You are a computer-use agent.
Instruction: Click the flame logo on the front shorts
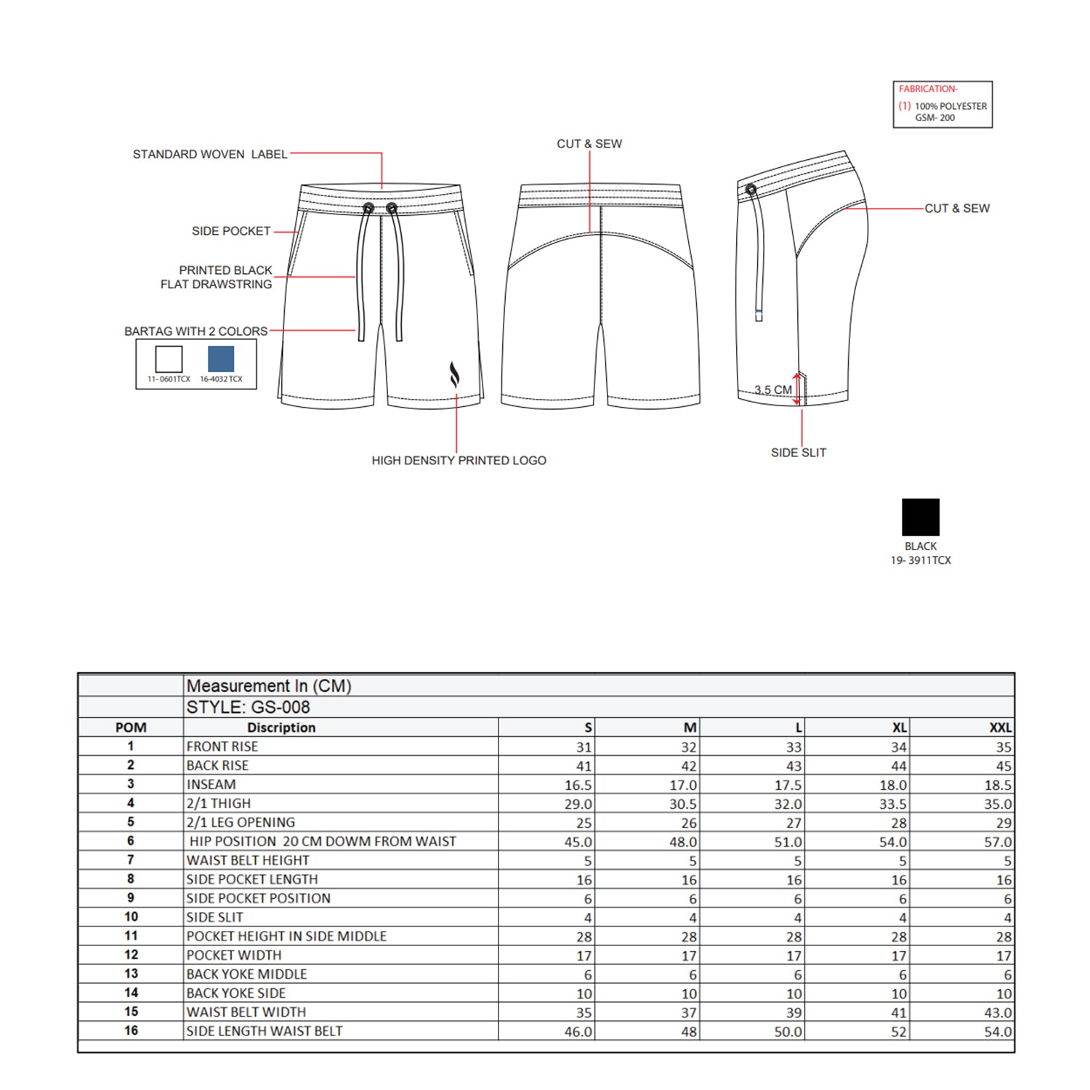pyautogui.click(x=454, y=375)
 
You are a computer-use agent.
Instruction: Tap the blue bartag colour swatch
pyautogui.click(x=221, y=359)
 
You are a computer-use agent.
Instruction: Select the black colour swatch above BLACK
pyautogui.click(x=920, y=517)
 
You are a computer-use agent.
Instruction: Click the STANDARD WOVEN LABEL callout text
pyautogui.click(x=210, y=154)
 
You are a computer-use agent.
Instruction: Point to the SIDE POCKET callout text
pyautogui.click(x=231, y=231)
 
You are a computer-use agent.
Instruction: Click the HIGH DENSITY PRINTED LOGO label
pyautogui.click(x=459, y=460)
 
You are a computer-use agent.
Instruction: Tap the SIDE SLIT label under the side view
pyautogui.click(x=798, y=452)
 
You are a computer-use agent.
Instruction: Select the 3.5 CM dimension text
pyautogui.click(x=772, y=389)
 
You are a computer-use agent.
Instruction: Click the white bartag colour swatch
pyautogui.click(x=169, y=359)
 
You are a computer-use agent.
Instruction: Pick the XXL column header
pyautogui.click(x=1000, y=727)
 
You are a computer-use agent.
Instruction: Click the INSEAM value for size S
pyautogui.click(x=578, y=785)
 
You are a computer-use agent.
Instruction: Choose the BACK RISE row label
pyautogui.click(x=217, y=765)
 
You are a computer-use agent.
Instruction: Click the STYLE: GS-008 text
pyautogui.click(x=248, y=707)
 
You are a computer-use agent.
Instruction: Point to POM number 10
pyautogui.click(x=131, y=917)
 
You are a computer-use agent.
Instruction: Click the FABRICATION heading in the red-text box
pyautogui.click(x=928, y=89)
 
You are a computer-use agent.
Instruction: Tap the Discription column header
pyautogui.click(x=281, y=727)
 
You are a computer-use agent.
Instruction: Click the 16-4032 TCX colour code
pyautogui.click(x=221, y=379)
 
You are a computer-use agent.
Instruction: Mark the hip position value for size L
pyautogui.click(x=788, y=841)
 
